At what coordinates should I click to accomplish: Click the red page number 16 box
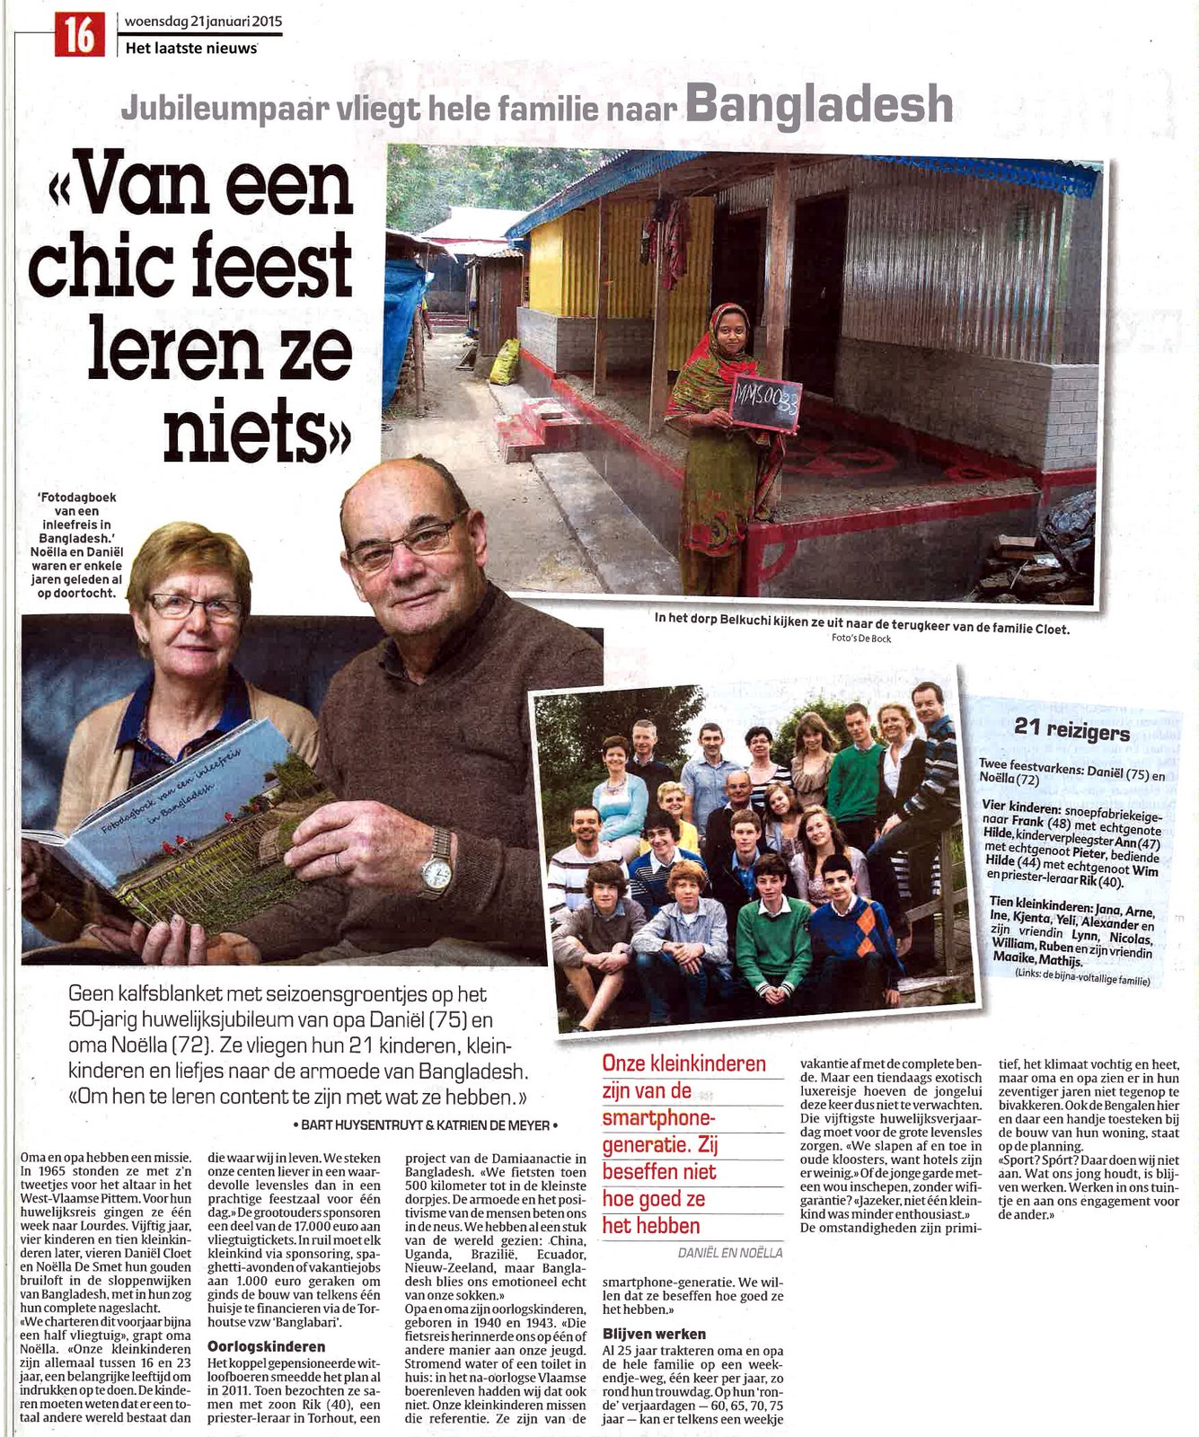[x=79, y=35]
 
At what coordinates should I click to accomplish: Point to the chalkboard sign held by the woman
[x=765, y=402]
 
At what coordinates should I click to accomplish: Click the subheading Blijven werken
[x=654, y=1334]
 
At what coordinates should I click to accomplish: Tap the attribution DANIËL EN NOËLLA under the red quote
[x=729, y=1252]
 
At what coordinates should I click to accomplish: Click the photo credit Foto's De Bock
[x=861, y=639]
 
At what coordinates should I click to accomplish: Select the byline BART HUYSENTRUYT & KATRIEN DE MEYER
[x=426, y=1124]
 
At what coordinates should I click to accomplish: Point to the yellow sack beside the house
[x=505, y=361]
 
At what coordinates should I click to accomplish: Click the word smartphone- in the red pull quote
[x=659, y=1118]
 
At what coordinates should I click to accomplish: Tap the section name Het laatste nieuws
[x=191, y=48]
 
